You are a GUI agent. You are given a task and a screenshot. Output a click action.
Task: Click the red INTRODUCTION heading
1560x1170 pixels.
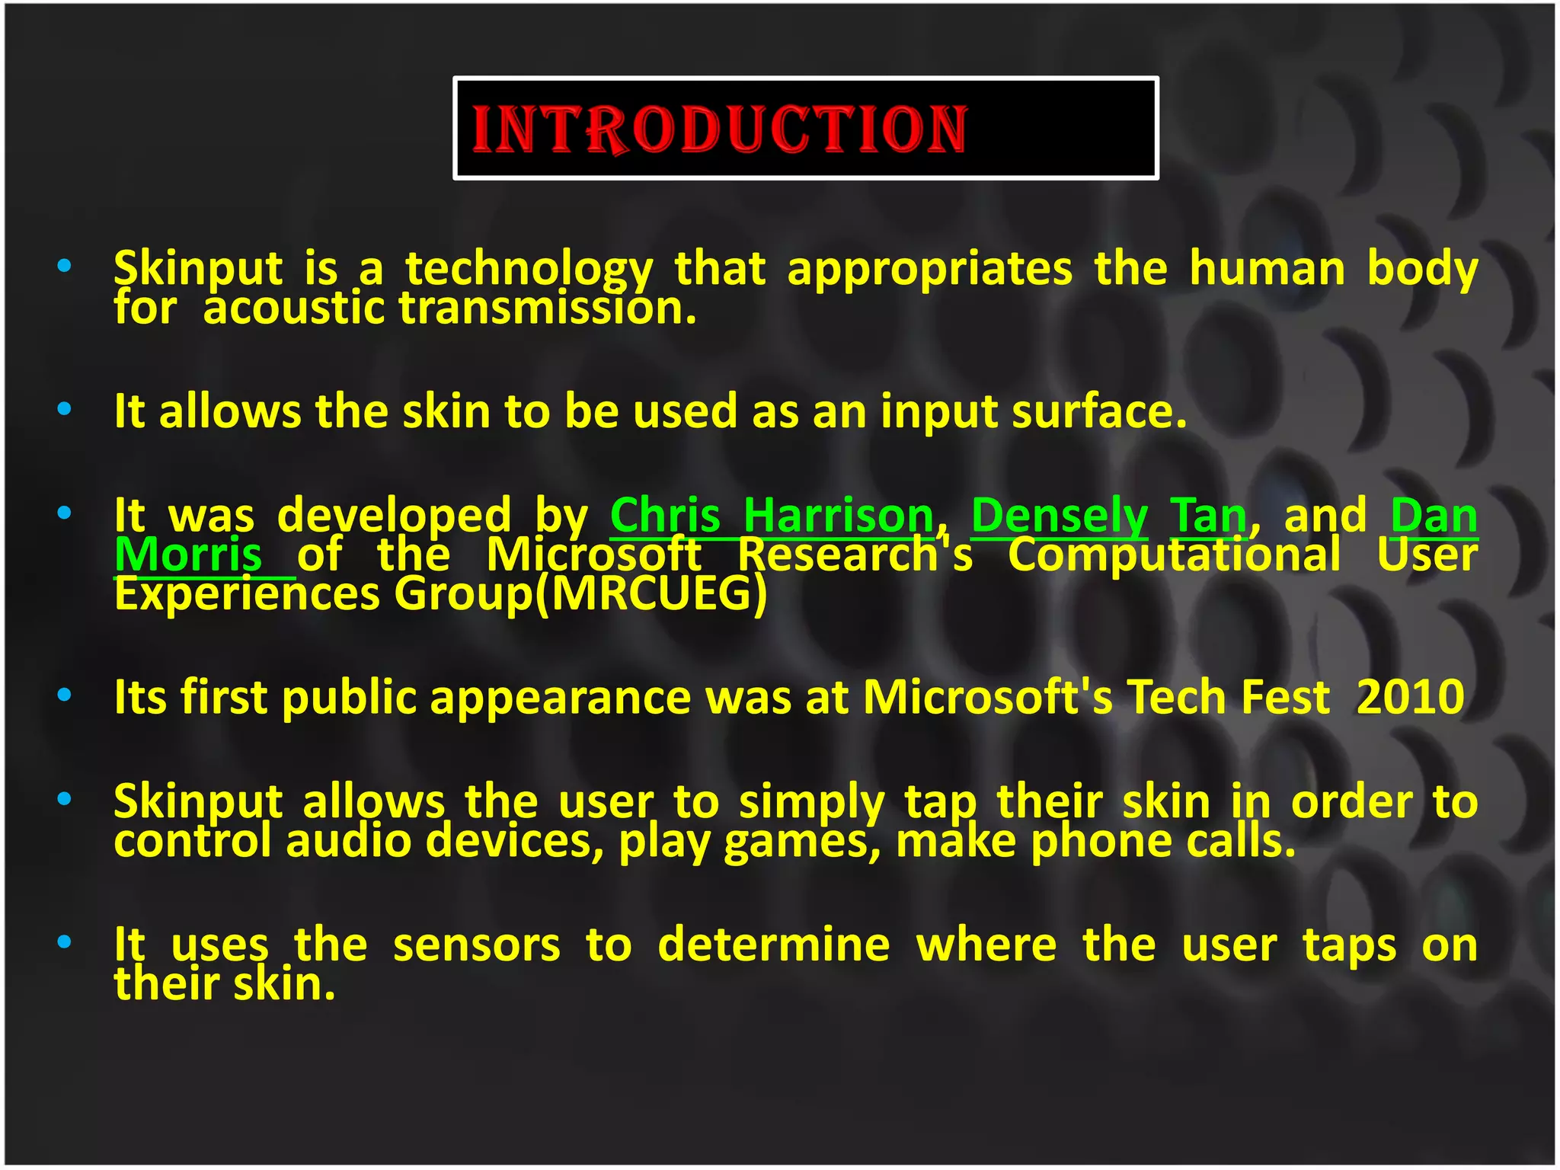(x=719, y=129)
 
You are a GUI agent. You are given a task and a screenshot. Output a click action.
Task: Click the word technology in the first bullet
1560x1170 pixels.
(x=529, y=270)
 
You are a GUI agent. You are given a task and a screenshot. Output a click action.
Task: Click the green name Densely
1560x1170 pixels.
(x=1060, y=516)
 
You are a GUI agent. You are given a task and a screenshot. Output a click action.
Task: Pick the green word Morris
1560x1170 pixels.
(x=189, y=555)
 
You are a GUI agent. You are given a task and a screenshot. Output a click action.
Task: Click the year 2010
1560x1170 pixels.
(x=1411, y=696)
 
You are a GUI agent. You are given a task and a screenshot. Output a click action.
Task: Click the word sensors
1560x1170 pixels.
(x=477, y=945)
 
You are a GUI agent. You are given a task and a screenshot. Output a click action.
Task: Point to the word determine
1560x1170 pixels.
(x=773, y=945)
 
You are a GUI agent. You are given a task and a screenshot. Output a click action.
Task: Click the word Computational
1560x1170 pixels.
(x=1174, y=555)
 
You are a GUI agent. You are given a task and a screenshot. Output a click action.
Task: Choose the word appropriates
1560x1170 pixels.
(x=930, y=270)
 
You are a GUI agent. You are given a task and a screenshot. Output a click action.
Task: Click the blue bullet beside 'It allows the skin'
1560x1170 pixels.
(x=65, y=410)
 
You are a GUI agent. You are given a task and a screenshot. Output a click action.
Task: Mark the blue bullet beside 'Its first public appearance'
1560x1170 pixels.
(x=65, y=695)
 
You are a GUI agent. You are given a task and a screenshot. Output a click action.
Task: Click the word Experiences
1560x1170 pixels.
(x=247, y=593)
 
